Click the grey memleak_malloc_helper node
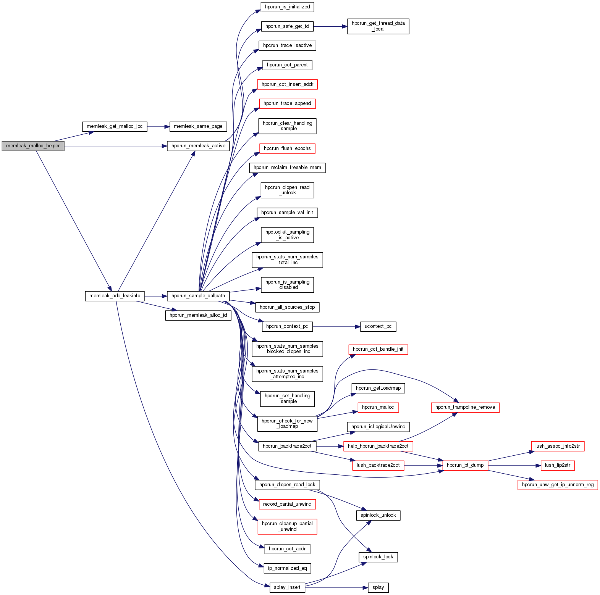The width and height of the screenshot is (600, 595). point(33,146)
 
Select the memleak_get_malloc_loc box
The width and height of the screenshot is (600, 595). point(115,126)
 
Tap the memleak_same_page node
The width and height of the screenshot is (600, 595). point(198,126)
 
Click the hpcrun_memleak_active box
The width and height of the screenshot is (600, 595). point(198,146)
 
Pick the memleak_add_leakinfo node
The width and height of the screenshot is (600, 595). point(115,296)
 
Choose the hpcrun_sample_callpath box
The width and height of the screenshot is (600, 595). point(198,296)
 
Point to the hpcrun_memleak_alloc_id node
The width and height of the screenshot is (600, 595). point(198,315)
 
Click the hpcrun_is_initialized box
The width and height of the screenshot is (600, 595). point(287,7)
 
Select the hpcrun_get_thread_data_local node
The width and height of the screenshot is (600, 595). point(378,26)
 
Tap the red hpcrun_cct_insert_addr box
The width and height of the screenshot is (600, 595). point(287,84)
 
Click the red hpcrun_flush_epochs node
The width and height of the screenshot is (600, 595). point(287,148)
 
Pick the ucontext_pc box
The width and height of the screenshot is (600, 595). point(378,327)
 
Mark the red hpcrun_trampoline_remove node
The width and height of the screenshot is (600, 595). point(465,407)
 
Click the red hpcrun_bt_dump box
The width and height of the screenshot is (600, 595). point(465,465)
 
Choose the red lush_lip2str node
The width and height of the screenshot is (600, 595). point(557,465)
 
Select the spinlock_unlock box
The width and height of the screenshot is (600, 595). point(378,515)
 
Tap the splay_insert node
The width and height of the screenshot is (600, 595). point(287,587)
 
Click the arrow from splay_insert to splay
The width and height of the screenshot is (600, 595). point(336,588)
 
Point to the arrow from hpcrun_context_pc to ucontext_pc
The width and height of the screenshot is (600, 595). point(336,327)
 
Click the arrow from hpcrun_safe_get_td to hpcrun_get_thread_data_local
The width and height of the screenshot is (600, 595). point(330,26)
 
